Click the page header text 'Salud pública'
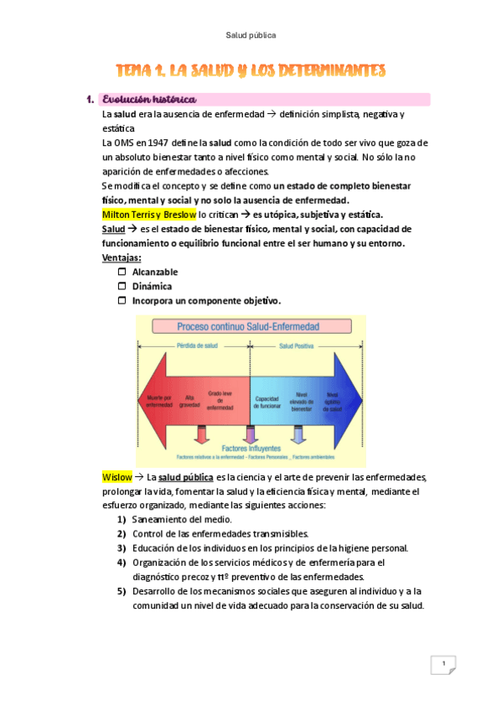pos(251,35)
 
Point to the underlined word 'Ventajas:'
pos(122,257)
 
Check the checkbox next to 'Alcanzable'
pos(122,272)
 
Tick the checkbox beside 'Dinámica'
pos(122,286)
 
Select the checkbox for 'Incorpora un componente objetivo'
pos(122,300)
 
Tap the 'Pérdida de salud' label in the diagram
pos(194,345)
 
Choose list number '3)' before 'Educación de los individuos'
pos(122,548)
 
